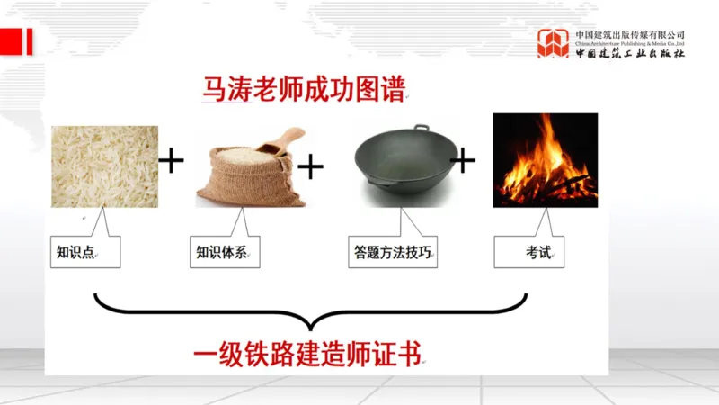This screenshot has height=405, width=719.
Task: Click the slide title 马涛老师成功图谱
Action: point(303,90)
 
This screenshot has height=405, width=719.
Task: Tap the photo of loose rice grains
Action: point(105,166)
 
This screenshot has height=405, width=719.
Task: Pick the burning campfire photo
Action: point(545,159)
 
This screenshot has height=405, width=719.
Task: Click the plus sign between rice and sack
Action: point(171,162)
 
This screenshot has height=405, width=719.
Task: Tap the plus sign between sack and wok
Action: point(310,166)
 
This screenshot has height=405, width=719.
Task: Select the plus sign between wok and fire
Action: point(462,161)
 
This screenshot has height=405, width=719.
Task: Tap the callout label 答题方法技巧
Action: point(393,253)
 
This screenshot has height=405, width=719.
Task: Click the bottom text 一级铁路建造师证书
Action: point(307,352)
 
